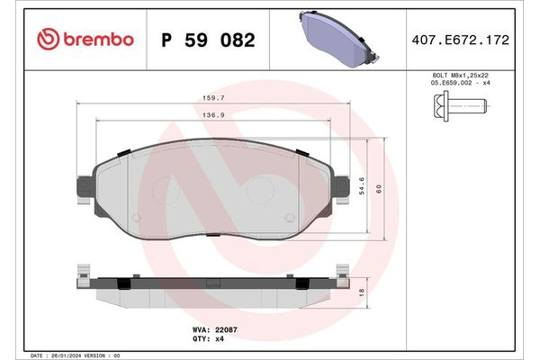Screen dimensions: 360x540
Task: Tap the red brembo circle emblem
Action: [x=47, y=40]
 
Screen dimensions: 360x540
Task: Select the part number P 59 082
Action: [x=207, y=40]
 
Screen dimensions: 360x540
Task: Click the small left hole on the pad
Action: [x=136, y=217]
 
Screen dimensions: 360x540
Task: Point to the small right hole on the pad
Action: [x=289, y=217]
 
